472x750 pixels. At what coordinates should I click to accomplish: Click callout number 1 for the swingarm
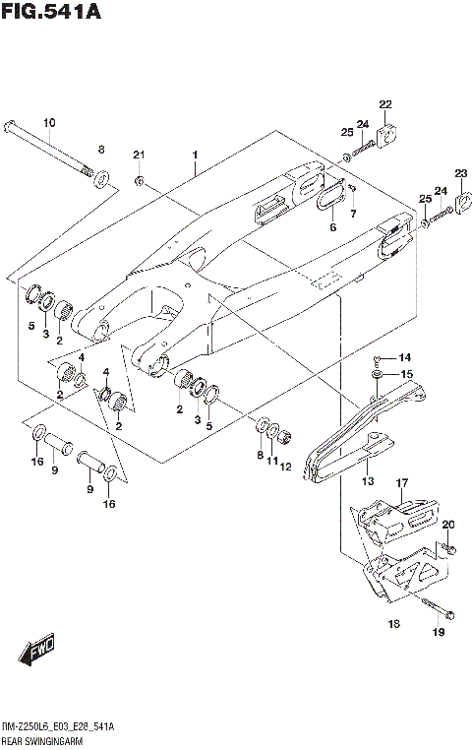coord(196,156)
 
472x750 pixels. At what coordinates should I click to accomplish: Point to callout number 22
coord(385,104)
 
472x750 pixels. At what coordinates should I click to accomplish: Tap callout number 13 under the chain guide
coord(368,482)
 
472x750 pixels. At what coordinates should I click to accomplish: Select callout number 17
coord(401,482)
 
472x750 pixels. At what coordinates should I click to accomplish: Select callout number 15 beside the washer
coord(405,374)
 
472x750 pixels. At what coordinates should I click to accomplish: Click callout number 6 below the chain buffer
coord(332,227)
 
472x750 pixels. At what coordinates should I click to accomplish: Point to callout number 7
coord(354,214)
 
